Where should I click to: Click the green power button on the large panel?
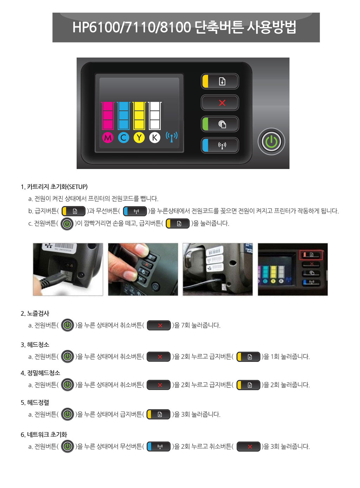tap(271, 142)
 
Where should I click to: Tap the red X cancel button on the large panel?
tap(220, 103)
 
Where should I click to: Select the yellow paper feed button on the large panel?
tap(220, 81)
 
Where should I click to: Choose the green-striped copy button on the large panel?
tap(220, 124)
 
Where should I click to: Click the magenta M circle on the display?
tap(108, 137)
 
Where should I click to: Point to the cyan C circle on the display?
tap(123, 137)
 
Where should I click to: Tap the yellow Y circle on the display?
tap(139, 137)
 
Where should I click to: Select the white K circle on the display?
tap(155, 137)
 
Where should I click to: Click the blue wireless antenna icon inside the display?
tap(172, 137)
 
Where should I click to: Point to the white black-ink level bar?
tap(155, 116)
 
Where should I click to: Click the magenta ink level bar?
tap(108, 116)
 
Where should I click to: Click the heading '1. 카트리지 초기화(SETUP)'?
tap(54, 187)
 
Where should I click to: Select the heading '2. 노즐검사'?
tap(35, 313)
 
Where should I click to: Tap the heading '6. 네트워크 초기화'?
tap(44, 435)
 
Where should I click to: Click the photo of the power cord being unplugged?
tap(68, 269)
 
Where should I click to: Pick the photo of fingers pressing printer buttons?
tap(143, 269)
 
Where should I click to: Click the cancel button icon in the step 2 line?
tap(159, 325)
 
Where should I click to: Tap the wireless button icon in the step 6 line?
tap(159, 447)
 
